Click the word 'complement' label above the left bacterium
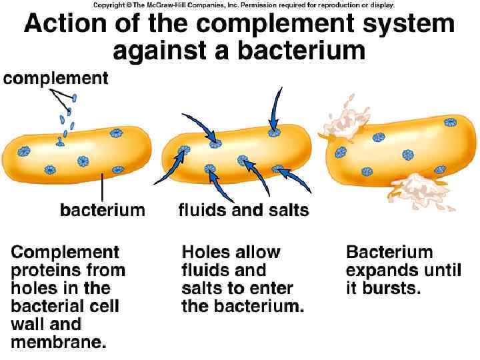[x=55, y=79]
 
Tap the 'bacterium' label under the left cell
[x=102, y=210]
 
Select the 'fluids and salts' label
[x=243, y=210]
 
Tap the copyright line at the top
[x=244, y=5]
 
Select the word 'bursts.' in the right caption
[x=383, y=289]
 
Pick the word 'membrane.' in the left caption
[x=59, y=343]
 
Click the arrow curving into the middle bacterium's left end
[x=169, y=167]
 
